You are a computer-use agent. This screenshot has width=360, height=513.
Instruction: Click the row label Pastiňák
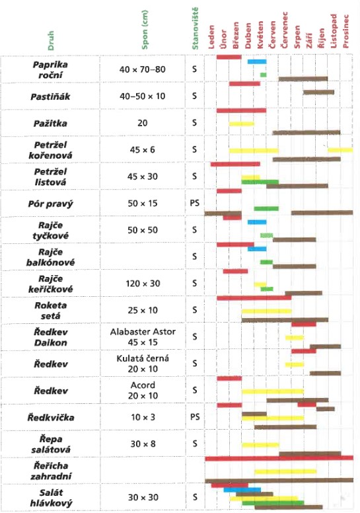(50, 97)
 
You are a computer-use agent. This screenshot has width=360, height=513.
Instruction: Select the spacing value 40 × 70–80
(142, 69)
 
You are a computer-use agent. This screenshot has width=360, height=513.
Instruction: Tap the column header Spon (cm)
(145, 30)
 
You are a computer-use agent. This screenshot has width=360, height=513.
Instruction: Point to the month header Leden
(211, 37)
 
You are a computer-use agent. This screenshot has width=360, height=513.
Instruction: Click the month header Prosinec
(345, 32)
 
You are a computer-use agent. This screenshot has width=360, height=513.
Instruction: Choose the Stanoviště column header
(196, 28)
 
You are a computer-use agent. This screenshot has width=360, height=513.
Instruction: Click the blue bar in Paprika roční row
(257, 61)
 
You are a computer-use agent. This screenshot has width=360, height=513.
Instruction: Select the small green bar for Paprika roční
(263, 75)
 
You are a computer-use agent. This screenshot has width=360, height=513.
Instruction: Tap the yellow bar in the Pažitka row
(242, 124)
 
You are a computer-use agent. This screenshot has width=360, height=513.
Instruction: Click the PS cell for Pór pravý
(195, 203)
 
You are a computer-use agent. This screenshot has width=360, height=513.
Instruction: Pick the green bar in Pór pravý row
(266, 208)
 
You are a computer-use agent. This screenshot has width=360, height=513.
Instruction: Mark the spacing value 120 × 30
(143, 284)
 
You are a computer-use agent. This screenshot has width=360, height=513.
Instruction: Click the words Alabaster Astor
(143, 332)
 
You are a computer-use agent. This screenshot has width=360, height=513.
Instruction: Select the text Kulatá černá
(143, 358)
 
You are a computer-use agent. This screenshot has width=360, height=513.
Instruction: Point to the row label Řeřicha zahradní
(51, 471)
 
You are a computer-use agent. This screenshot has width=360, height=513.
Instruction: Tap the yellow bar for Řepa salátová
(260, 445)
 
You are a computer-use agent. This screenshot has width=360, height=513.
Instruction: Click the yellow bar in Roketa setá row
(266, 311)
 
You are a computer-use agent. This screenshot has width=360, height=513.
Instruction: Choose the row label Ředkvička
(51, 417)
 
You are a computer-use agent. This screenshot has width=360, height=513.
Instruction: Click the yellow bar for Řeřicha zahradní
(285, 471)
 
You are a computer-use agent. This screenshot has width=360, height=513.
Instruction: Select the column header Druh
(51, 40)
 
